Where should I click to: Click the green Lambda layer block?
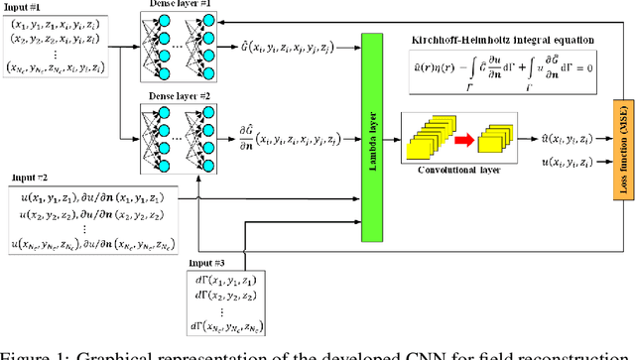373,125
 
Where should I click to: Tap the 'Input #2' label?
29,178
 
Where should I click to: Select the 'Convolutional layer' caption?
459,168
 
